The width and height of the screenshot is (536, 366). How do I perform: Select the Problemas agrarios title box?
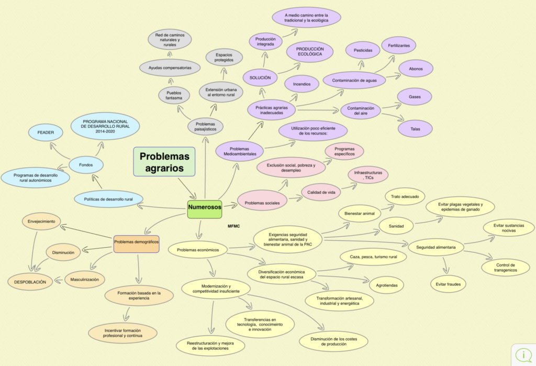(164, 162)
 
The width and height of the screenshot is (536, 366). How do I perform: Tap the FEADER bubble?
(46, 132)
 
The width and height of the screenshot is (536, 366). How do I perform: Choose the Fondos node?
(86, 165)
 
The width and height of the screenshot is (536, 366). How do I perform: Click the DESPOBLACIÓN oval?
(30, 282)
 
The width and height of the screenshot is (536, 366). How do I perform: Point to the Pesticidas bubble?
(363, 50)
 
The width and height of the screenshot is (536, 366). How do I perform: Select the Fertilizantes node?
(398, 46)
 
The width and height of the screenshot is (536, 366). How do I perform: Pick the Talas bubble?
(415, 129)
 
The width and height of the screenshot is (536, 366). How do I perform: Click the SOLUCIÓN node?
(260, 77)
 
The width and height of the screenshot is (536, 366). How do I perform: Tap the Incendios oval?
(301, 84)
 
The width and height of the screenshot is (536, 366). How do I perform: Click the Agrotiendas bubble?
(387, 285)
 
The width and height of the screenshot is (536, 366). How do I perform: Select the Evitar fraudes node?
(448, 284)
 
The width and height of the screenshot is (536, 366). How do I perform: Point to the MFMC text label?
(234, 226)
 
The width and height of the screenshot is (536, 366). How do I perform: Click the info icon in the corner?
(523, 354)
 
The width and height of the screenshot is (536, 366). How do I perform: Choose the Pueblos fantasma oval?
(174, 95)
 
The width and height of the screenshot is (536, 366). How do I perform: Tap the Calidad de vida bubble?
(321, 192)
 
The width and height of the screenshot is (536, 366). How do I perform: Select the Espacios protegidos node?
(224, 58)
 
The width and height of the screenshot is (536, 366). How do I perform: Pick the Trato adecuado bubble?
(405, 197)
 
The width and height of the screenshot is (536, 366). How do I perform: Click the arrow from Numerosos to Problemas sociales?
(230, 206)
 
